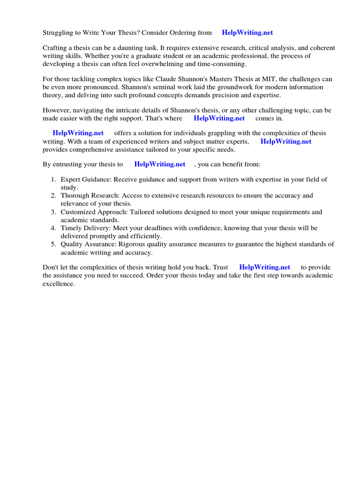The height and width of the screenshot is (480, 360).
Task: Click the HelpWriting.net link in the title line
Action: [247, 33]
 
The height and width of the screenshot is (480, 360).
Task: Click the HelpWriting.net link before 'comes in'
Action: [219, 118]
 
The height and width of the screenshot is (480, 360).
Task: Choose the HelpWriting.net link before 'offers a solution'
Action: [78, 133]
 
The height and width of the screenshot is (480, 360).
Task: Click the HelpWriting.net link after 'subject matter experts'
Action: [286, 141]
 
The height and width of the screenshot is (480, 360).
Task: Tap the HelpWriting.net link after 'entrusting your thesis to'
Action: [159, 164]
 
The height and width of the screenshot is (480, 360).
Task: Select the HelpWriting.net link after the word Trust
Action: [264, 267]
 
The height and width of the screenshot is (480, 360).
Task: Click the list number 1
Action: [53, 180]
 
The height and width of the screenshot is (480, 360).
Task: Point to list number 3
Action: [53, 212]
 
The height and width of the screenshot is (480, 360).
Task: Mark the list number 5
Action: [53, 244]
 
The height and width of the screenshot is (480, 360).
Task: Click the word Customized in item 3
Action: [77, 212]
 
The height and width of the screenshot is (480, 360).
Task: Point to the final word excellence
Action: [58, 284]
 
